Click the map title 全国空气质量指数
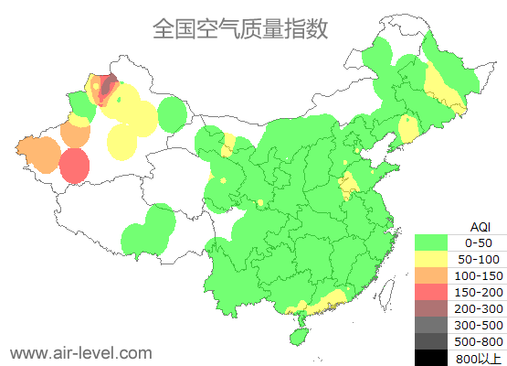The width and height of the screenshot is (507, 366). point(240,28)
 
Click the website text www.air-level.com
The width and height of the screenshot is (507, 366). point(80,352)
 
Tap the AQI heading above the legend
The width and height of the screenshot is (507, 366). point(479,226)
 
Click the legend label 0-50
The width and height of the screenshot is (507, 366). point(478,243)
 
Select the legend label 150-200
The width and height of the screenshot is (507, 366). point(478,292)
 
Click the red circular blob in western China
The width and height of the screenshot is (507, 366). point(75,167)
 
